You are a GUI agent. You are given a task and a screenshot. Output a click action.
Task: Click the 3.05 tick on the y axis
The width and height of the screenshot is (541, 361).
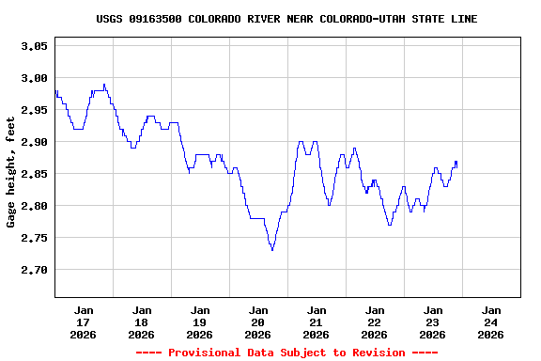click(x=34, y=46)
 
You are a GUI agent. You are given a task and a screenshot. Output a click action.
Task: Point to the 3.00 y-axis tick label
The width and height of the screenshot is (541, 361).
click(x=34, y=78)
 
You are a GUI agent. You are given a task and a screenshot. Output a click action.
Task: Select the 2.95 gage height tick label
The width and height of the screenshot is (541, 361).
click(x=34, y=110)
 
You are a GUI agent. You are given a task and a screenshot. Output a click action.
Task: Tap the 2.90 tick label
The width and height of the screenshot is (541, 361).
click(x=34, y=142)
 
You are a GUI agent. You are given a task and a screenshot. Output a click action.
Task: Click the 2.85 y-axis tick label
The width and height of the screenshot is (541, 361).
click(x=34, y=174)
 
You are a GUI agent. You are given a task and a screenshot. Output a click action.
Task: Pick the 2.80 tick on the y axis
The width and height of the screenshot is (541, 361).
click(x=34, y=206)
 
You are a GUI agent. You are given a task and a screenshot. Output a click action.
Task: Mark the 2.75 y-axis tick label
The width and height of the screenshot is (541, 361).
click(x=34, y=238)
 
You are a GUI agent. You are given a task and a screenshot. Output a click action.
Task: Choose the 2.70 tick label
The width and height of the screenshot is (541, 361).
click(x=34, y=270)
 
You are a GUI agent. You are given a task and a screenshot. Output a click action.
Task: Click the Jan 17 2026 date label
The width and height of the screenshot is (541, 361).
click(x=84, y=322)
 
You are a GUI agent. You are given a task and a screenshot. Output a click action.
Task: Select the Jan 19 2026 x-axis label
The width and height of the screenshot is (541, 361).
click(x=199, y=322)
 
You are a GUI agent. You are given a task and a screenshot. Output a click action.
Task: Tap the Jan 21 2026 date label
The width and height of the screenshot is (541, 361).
click(x=316, y=322)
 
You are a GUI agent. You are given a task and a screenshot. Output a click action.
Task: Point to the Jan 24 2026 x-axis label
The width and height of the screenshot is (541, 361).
click(x=490, y=322)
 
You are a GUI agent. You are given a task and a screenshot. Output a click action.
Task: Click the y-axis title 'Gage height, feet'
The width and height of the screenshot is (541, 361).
click(x=11, y=172)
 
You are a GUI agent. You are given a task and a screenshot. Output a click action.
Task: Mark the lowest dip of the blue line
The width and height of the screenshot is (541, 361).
click(x=272, y=250)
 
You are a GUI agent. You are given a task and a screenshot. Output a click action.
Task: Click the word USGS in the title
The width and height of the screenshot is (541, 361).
click(x=109, y=19)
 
